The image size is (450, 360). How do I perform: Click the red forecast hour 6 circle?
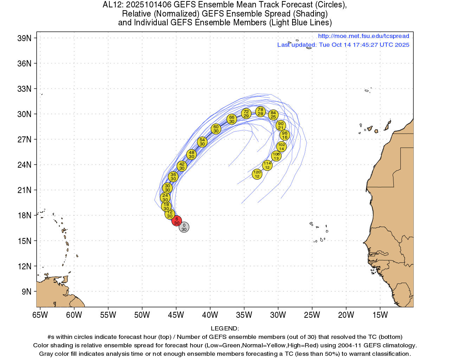[176, 221]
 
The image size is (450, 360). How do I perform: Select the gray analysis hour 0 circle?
[184, 227]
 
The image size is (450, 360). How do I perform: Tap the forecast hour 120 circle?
[257, 174]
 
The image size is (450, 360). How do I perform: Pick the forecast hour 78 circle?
[260, 112]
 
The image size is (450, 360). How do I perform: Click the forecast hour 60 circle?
[216, 129]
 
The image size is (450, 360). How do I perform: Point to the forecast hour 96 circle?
[284, 135]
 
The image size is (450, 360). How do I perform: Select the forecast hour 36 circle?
[173, 176]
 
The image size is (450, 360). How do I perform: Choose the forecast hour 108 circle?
[276, 156]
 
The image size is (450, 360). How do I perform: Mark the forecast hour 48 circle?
[191, 154]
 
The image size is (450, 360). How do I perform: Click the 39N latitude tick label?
[24, 38]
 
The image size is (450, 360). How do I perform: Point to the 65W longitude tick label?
[40, 315]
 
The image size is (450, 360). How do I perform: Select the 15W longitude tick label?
[380, 315]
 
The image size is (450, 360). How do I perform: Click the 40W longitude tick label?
[210, 315]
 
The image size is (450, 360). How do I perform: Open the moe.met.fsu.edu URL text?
[364, 36]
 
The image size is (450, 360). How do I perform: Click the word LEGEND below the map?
[225, 328]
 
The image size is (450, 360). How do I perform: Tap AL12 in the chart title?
[112, 5]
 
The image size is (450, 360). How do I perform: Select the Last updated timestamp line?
[343, 45]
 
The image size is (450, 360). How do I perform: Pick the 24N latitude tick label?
[24, 165]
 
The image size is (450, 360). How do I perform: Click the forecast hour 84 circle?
[273, 115]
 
